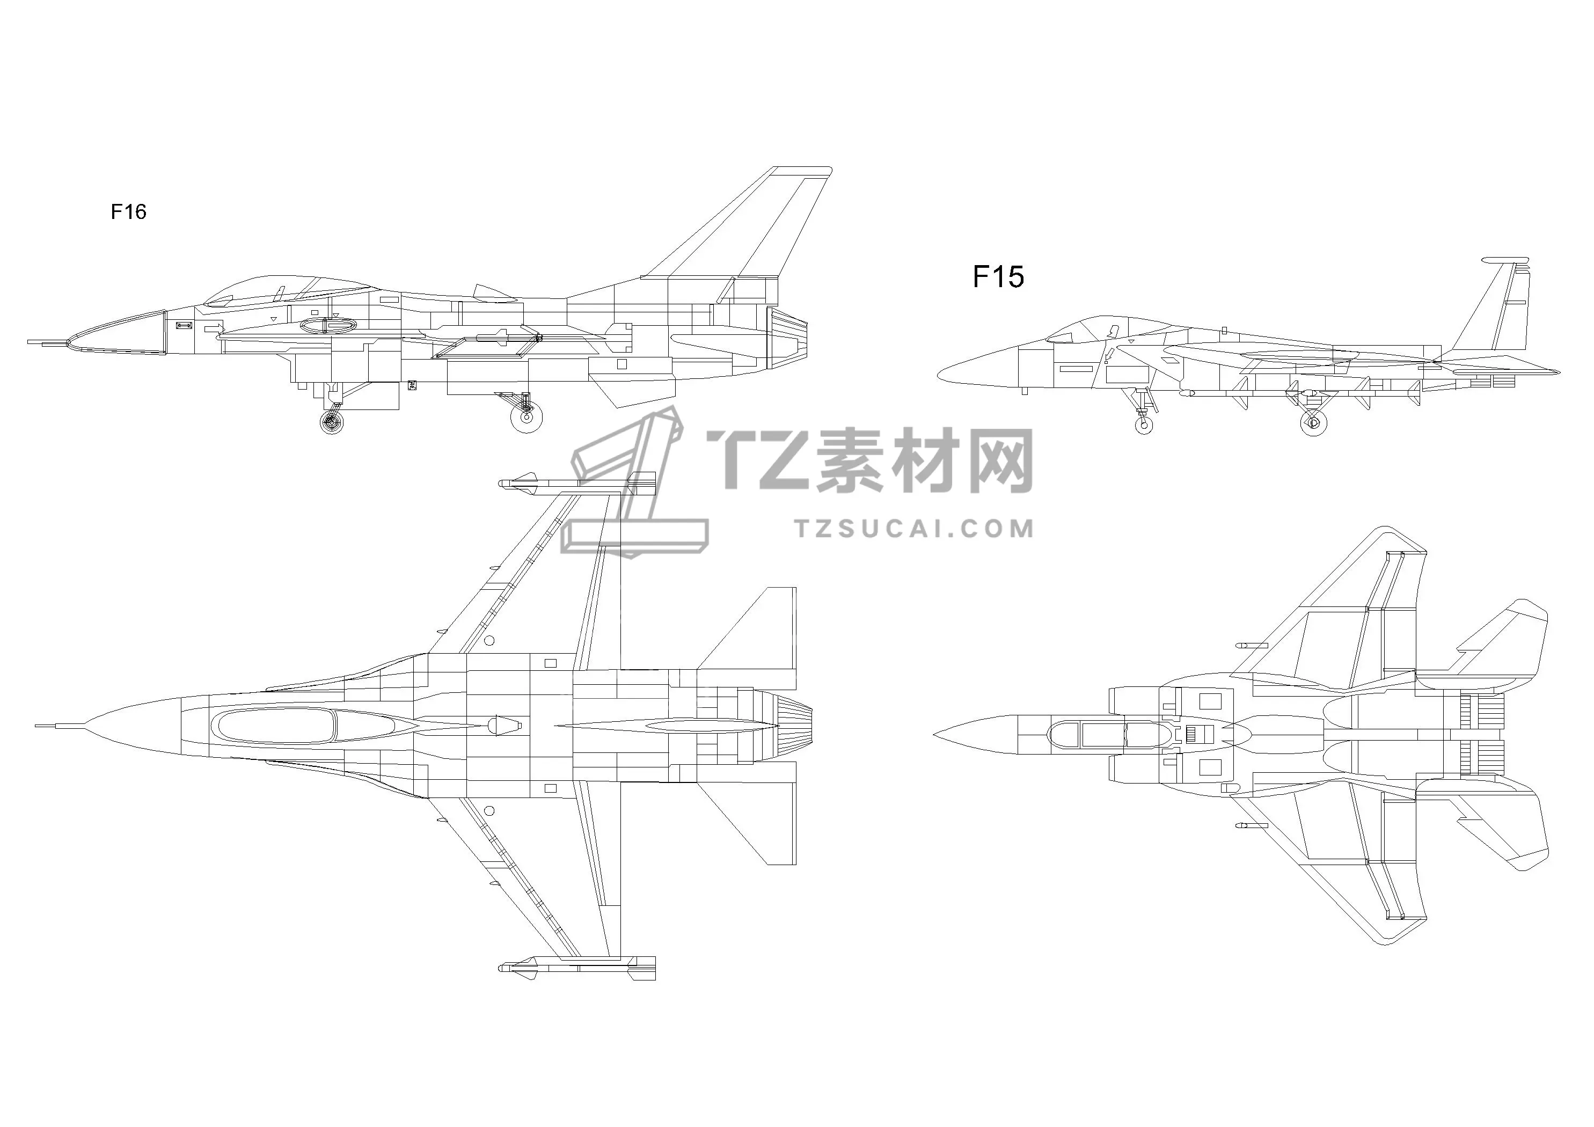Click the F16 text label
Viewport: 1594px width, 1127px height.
click(128, 212)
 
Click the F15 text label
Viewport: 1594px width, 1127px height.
click(998, 277)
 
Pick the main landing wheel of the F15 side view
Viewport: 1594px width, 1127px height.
click(1313, 421)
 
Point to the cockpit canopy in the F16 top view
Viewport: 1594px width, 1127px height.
click(276, 726)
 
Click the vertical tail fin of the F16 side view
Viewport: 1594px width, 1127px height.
click(743, 222)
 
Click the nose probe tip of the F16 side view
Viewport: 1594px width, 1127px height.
click(28, 342)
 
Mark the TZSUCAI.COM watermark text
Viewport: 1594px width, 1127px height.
click(913, 529)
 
